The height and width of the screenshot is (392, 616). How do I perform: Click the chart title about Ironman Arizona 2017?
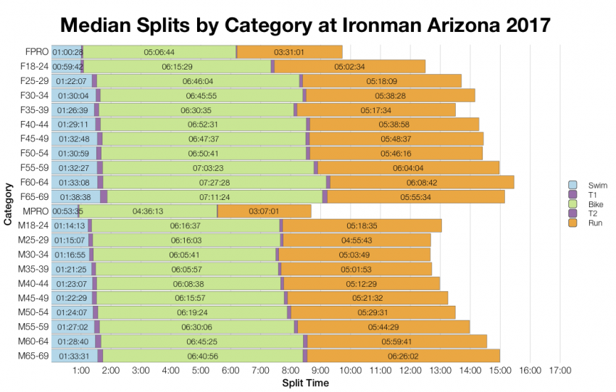click(x=305, y=24)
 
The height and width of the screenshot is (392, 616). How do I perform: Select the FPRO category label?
click(x=36, y=52)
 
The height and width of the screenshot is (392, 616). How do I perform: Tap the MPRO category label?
click(x=36, y=211)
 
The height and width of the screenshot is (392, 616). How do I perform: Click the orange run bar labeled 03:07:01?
click(x=265, y=211)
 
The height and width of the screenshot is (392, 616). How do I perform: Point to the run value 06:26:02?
click(x=403, y=356)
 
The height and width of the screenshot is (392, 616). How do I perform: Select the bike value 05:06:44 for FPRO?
click(x=159, y=52)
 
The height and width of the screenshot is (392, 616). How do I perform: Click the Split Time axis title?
click(x=305, y=383)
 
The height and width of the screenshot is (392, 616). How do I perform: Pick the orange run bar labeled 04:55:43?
click(x=357, y=240)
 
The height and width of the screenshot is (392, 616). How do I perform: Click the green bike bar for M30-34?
click(x=185, y=254)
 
